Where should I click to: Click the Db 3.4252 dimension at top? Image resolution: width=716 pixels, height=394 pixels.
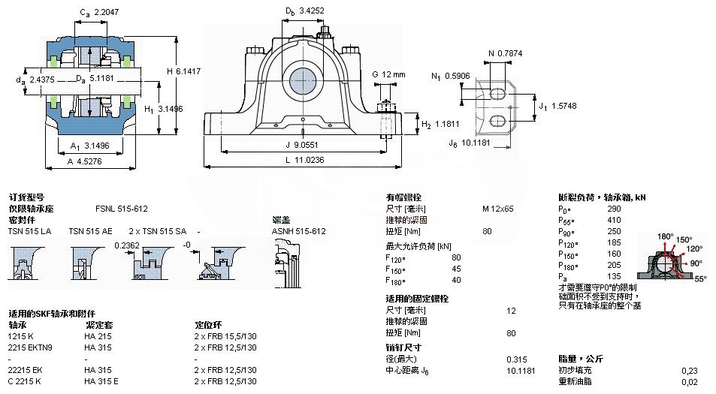point(304,11)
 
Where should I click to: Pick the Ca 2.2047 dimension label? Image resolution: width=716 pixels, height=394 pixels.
point(98,12)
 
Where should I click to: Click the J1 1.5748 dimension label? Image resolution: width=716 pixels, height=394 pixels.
point(547,107)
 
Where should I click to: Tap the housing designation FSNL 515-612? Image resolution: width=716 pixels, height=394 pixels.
point(121,209)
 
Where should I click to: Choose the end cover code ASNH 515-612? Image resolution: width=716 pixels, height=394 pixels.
point(298,231)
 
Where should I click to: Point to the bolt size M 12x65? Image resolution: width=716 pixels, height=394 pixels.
point(497,209)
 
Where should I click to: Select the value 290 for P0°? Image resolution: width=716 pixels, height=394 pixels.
point(614,209)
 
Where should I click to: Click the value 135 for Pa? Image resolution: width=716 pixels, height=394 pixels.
point(614,275)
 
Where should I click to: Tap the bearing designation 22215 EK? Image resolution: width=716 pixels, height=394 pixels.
point(26,370)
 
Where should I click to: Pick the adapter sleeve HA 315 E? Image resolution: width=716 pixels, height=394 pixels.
point(101,381)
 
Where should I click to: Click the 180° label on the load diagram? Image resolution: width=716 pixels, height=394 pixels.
point(665,236)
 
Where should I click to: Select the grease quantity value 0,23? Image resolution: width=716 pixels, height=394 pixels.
point(688,370)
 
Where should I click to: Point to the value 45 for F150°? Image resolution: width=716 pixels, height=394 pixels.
point(456,269)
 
